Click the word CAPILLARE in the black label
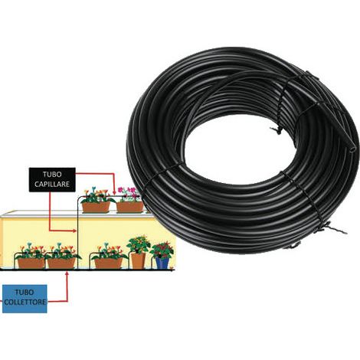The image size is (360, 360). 52,185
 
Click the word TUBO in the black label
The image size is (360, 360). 52,175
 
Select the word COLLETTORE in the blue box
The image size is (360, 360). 25,302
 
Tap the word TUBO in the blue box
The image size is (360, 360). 25,293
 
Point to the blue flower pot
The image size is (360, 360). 162,263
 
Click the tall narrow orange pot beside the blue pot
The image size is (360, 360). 138,260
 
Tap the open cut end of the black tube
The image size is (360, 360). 352,149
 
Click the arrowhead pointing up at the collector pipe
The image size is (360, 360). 67,274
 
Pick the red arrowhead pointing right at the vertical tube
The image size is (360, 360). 74,231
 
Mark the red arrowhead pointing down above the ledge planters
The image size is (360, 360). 114,192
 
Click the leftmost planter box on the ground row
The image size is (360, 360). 31,263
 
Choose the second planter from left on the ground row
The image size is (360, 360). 61,263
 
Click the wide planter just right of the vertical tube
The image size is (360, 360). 108,263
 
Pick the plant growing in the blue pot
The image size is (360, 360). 162,250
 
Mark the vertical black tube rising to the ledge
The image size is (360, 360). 77,233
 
